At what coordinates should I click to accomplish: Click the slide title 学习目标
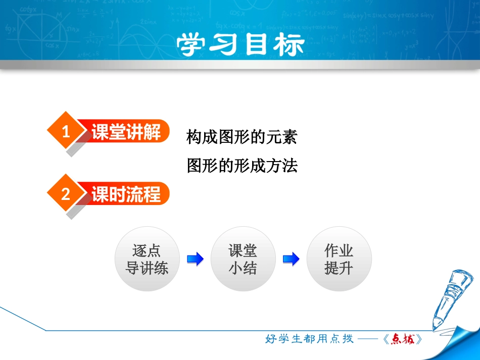[241, 45]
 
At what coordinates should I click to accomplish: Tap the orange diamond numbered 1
[65, 132]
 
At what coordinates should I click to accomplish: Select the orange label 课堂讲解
[127, 132]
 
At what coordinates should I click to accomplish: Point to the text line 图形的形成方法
[242, 165]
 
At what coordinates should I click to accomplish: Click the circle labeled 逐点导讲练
[147, 259]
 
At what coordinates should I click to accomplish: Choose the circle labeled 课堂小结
[243, 259]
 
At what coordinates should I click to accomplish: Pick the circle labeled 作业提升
[339, 259]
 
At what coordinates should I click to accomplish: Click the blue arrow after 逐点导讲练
[195, 260]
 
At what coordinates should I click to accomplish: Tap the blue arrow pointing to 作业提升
[291, 260]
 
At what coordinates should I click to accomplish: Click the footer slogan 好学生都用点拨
[309, 339]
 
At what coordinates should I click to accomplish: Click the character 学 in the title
[193, 45]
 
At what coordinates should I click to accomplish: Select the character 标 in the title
[289, 45]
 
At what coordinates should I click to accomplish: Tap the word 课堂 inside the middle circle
[243, 251]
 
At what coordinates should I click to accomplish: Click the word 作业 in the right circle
[339, 251]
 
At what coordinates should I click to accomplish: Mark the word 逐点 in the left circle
[147, 251]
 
